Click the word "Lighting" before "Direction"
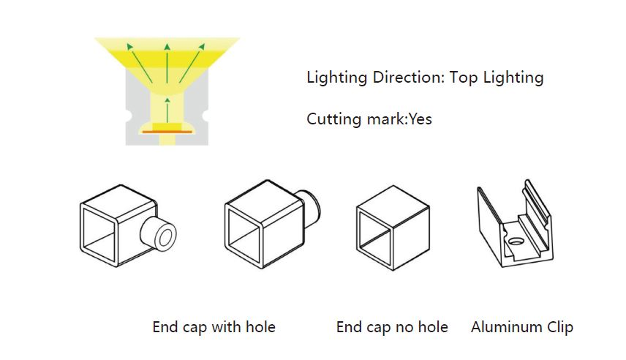click(x=336, y=78)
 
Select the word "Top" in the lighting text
click(x=463, y=78)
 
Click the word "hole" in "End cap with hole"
click(x=260, y=327)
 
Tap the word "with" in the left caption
click(x=227, y=327)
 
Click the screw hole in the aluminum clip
click(x=516, y=241)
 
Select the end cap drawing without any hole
click(x=393, y=228)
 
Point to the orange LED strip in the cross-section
click(x=167, y=132)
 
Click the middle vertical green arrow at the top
click(x=167, y=64)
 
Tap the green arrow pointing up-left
click(x=140, y=63)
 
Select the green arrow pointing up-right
click(x=192, y=63)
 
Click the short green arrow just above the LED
click(x=167, y=110)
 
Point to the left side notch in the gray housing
click(x=129, y=116)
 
